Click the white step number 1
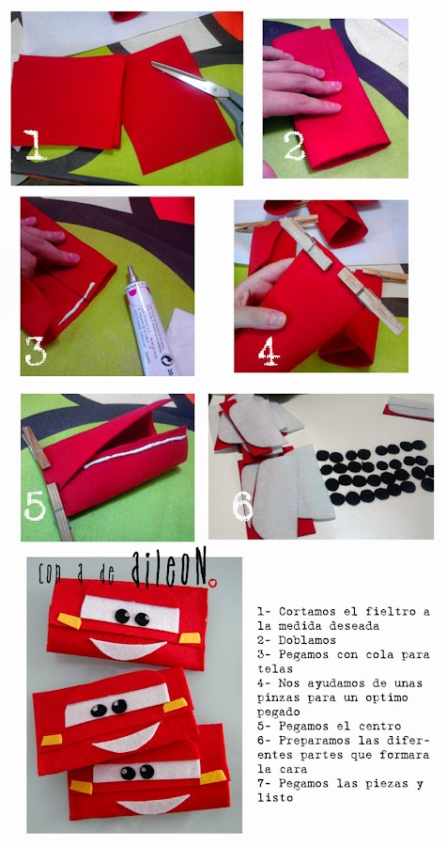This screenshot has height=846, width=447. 35,145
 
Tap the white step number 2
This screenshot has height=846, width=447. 295,145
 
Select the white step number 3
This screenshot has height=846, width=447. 36,352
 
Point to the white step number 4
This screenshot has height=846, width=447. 269,352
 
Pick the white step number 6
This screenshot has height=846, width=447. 243,506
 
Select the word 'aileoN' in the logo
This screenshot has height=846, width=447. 168,571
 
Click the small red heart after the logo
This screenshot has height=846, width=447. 212,582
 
